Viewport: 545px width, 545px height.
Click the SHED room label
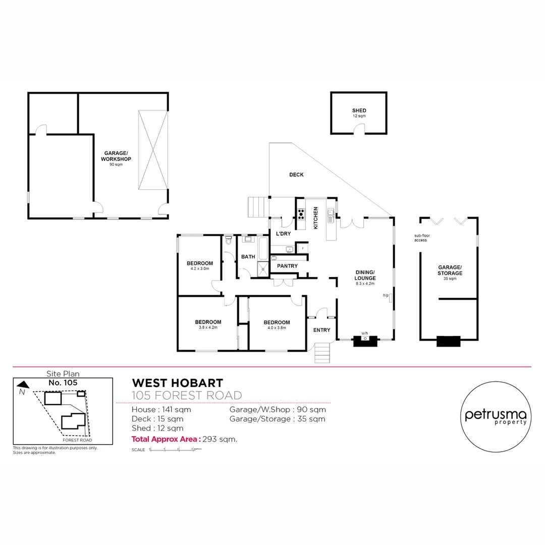(359, 111)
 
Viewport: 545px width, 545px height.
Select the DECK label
(296, 175)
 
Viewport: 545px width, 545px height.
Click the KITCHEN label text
(316, 218)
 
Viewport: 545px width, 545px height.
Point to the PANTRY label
(287, 266)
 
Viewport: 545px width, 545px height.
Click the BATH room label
(248, 257)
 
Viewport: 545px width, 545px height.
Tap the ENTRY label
(321, 330)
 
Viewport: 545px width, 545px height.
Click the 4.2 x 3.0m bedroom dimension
(199, 269)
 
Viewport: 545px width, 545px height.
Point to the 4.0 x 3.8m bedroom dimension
(276, 328)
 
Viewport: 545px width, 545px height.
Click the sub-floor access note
(421, 238)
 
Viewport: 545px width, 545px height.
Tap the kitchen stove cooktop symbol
(301, 214)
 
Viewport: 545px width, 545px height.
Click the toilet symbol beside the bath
(229, 241)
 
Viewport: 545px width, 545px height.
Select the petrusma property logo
(496, 415)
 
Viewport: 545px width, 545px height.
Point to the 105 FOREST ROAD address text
(187, 395)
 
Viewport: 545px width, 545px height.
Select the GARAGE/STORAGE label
(449, 270)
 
